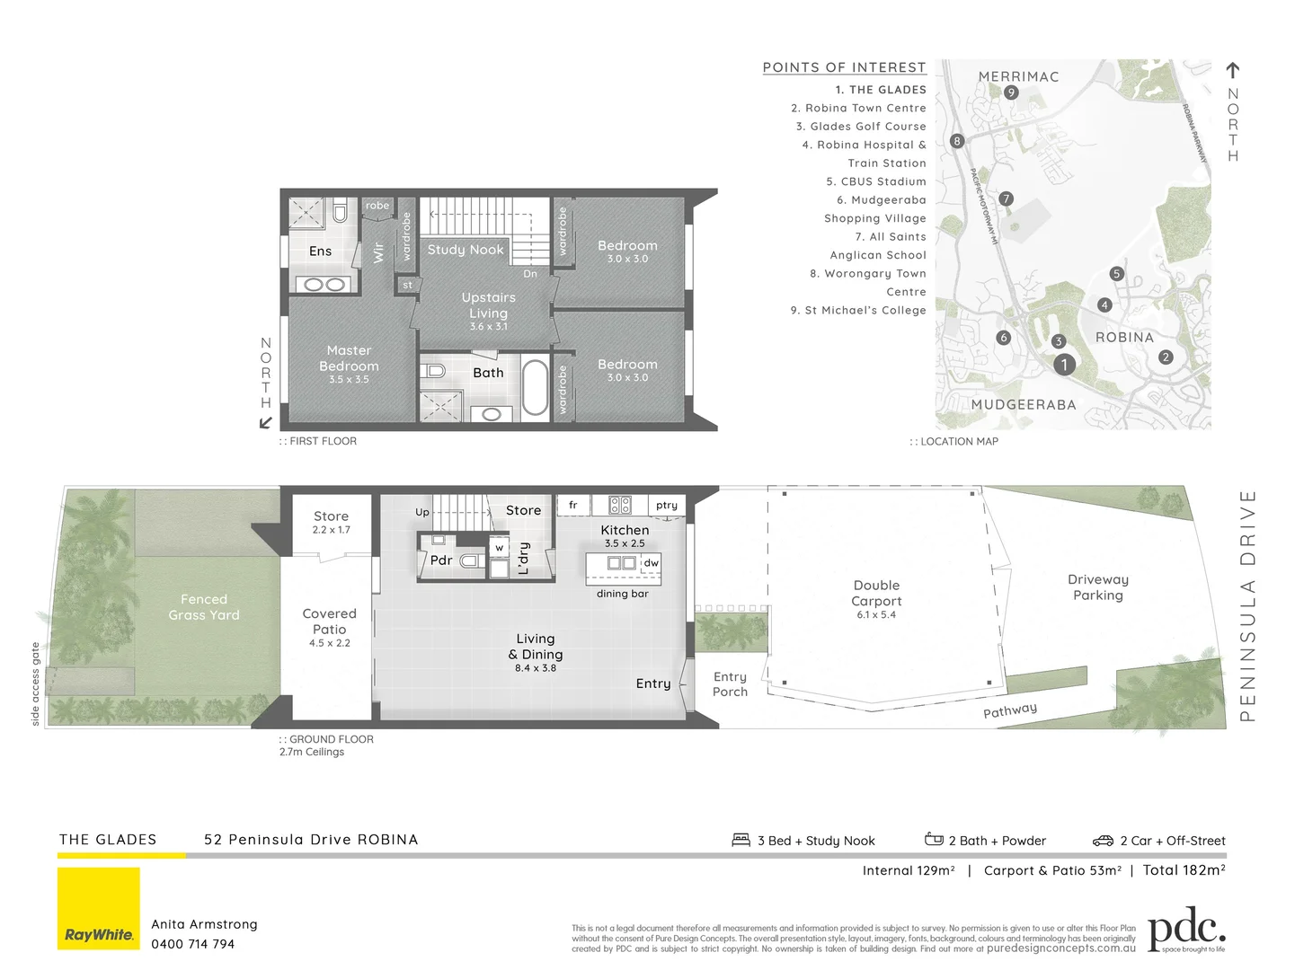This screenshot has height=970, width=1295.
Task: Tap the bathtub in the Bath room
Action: point(535,388)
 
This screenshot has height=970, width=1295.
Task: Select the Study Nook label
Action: point(465,250)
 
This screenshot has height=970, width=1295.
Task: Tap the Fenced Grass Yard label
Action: point(204,607)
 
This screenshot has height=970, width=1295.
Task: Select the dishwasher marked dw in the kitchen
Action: point(652,563)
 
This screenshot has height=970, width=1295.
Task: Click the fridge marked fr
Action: point(572,506)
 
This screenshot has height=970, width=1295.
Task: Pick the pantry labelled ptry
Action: point(666,506)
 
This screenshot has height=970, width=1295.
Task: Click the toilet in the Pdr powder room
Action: point(469,561)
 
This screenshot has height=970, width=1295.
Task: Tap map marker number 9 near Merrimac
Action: point(1011,93)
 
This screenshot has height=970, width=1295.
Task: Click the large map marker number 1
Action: point(1064,365)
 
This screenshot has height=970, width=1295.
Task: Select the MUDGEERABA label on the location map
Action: point(1023,405)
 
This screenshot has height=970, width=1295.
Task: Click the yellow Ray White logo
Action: point(99,908)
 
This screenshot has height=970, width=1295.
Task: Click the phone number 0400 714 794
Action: point(192,944)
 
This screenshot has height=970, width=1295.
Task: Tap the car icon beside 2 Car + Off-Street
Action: point(1103,841)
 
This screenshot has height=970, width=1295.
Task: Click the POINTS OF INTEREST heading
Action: point(844,67)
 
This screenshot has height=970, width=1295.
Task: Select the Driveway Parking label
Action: point(1097,587)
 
